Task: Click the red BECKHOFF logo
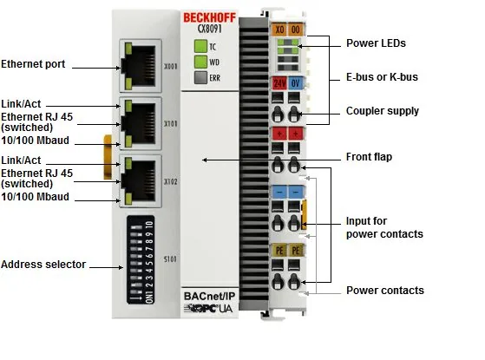click(x=209, y=17)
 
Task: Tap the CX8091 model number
click(x=209, y=29)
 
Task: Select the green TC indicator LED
click(x=200, y=46)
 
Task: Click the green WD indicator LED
click(x=200, y=62)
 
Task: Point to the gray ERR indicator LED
click(x=200, y=77)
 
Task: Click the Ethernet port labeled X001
click(x=141, y=66)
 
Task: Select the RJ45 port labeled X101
click(x=141, y=123)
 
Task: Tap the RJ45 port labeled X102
click(x=141, y=181)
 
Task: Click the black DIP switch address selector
click(x=141, y=259)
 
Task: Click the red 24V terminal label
click(x=279, y=83)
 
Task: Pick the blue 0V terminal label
click(x=295, y=83)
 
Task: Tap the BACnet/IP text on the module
click(x=209, y=296)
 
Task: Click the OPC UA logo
click(x=208, y=308)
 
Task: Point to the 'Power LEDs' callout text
click(x=376, y=43)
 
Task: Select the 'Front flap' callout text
click(x=369, y=157)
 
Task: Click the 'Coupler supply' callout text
click(x=383, y=111)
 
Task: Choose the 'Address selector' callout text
click(x=43, y=265)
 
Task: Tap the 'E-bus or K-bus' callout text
click(x=382, y=77)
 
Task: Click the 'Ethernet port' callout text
click(x=33, y=64)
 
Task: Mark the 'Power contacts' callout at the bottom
click(x=385, y=291)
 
